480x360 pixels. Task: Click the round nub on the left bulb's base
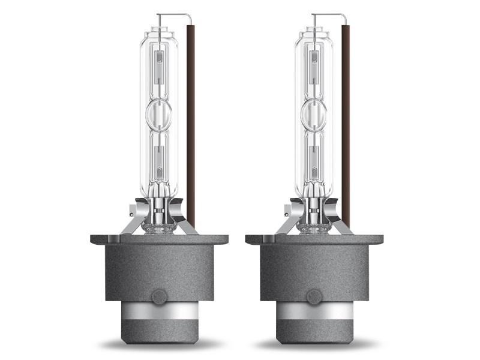click(x=160, y=296)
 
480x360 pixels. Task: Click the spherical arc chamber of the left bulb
click(x=159, y=114)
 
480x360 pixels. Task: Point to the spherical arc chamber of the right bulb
click(x=314, y=114)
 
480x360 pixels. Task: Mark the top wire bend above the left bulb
click(x=174, y=14)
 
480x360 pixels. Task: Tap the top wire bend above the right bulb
click(x=329, y=14)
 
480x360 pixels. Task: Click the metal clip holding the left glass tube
click(x=136, y=220)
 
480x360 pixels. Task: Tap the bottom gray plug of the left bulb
click(x=159, y=334)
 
